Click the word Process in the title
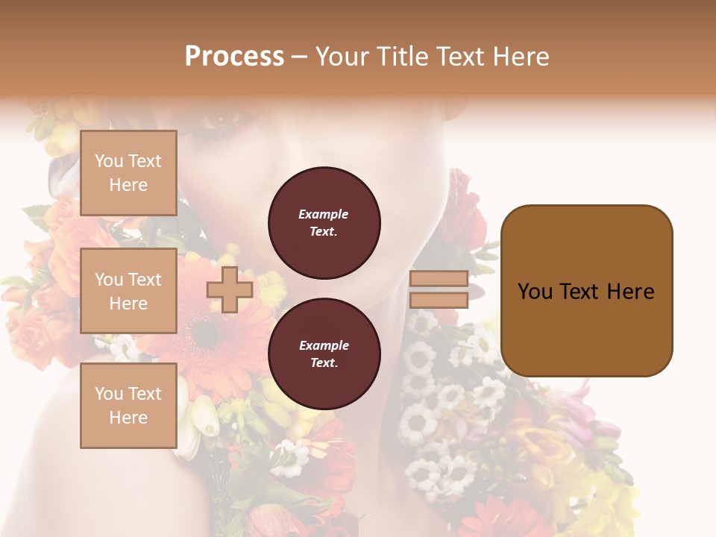(234, 57)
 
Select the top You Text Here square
(128, 173)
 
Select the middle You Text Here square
(128, 291)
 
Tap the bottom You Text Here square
(128, 406)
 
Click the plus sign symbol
(230, 290)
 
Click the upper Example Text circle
(324, 223)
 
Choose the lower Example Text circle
(324, 354)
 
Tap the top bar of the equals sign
(439, 279)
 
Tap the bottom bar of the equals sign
(439, 301)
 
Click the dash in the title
(299, 57)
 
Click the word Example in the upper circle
(324, 214)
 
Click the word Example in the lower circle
(324, 345)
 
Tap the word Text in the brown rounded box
(585, 292)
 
